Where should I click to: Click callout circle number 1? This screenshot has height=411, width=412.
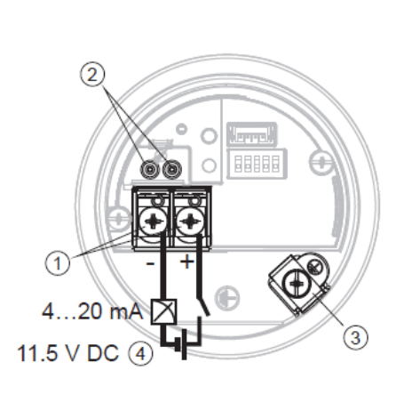[58, 262]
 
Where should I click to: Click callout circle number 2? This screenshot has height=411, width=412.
[92, 74]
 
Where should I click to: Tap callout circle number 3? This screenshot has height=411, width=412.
[355, 336]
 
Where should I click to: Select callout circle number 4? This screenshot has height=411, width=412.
[141, 353]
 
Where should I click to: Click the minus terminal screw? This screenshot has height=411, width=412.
[153, 222]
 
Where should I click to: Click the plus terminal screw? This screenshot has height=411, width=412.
[190, 222]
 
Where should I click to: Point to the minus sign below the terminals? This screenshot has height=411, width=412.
[150, 263]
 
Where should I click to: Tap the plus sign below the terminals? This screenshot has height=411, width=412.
[186, 262]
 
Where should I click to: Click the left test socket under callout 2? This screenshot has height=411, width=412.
[150, 170]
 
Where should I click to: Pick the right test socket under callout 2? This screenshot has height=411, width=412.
[172, 170]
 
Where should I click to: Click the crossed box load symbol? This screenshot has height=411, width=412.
[164, 311]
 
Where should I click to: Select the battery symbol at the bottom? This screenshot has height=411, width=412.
[181, 344]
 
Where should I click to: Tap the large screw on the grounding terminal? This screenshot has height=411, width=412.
[296, 284]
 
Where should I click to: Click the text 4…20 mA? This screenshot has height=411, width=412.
[92, 311]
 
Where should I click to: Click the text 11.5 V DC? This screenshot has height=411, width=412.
[68, 353]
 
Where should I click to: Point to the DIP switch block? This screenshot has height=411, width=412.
[257, 164]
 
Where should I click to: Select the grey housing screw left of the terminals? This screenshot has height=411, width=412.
[119, 220]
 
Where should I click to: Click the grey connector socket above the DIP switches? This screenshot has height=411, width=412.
[252, 135]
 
